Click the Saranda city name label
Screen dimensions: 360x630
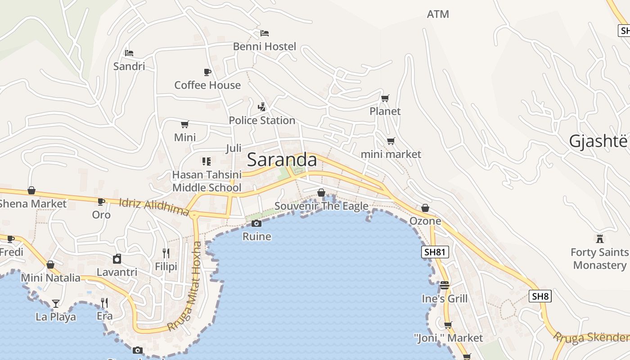click(282, 160)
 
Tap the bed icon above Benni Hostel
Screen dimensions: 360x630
click(265, 33)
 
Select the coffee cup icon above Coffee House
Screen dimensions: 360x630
click(207, 72)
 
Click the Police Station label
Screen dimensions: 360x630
click(262, 121)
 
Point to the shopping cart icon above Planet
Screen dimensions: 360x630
click(385, 98)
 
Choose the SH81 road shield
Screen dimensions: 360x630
click(435, 252)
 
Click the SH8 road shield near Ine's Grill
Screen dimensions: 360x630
click(540, 296)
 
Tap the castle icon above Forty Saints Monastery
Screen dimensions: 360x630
click(599, 238)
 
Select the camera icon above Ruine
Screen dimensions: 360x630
click(256, 224)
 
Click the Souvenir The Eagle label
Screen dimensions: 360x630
click(321, 207)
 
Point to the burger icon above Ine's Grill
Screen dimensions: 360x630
click(445, 285)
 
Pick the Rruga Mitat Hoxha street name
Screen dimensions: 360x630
click(185, 286)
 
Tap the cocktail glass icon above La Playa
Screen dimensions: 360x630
click(55, 304)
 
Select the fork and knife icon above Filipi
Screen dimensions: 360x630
click(166, 253)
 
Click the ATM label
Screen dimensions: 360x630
click(438, 14)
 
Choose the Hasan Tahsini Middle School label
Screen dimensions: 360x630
click(207, 181)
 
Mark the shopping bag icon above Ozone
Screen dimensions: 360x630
click(425, 208)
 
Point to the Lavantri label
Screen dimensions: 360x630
click(117, 272)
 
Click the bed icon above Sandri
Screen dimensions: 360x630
click(129, 53)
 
